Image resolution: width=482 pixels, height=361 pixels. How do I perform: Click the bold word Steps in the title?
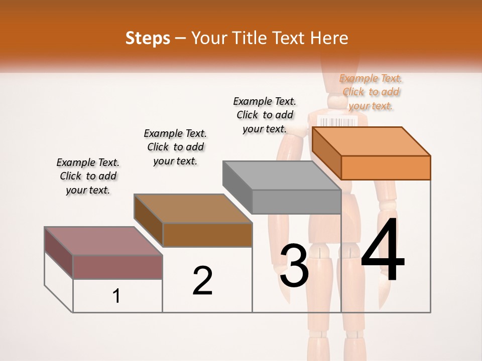(x=148, y=38)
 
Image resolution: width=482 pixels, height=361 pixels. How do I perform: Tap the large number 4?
(x=383, y=251)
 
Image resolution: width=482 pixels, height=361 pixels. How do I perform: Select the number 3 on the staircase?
(x=294, y=266)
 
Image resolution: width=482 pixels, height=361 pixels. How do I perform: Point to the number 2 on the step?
(x=202, y=281)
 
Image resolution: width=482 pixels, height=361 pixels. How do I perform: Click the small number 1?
(x=116, y=296)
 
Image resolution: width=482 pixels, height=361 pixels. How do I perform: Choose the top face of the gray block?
(x=281, y=175)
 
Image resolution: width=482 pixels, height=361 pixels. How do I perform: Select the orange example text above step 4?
(x=371, y=92)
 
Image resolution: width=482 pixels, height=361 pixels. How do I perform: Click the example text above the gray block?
(x=265, y=115)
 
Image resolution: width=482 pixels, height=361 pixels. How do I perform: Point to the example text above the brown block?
(x=175, y=147)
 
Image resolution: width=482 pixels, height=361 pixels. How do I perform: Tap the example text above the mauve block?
(x=88, y=176)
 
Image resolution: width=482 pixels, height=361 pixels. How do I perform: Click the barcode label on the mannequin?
(x=337, y=122)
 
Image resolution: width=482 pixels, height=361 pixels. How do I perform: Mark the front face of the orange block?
(x=386, y=167)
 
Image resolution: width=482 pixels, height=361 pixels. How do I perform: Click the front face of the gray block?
(x=296, y=202)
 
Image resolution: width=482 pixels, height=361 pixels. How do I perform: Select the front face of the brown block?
(x=207, y=235)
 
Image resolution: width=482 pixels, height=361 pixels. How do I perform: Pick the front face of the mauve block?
(x=117, y=267)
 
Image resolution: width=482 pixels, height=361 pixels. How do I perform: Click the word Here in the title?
(x=329, y=38)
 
